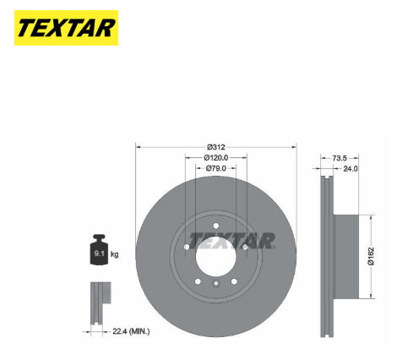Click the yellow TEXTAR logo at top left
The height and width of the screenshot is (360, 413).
pyautogui.click(x=65, y=27)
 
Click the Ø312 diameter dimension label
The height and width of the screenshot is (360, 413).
pyautogui.click(x=215, y=146)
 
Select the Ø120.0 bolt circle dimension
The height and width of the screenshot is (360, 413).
pyautogui.click(x=215, y=157)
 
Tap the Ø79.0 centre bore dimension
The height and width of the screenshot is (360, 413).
pyautogui.click(x=215, y=168)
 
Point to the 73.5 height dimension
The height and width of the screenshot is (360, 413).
pyautogui.click(x=340, y=157)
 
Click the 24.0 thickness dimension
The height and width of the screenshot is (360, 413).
pyautogui.click(x=350, y=168)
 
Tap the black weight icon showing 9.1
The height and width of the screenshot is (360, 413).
pyautogui.click(x=98, y=253)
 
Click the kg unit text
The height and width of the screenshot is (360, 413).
pyautogui.click(x=115, y=254)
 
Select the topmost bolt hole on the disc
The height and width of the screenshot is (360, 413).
pyautogui.click(x=215, y=225)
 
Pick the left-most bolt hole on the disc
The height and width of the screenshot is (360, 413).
pyautogui.click(x=186, y=246)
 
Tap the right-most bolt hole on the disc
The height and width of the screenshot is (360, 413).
pyautogui.click(x=245, y=246)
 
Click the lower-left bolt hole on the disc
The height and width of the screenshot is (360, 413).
pyautogui.click(x=197, y=281)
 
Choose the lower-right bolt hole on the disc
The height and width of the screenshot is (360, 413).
pyautogui.click(x=234, y=281)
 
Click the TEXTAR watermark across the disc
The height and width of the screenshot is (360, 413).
pyautogui.click(x=231, y=240)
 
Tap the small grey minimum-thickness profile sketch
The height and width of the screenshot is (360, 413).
pyautogui.click(x=99, y=297)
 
